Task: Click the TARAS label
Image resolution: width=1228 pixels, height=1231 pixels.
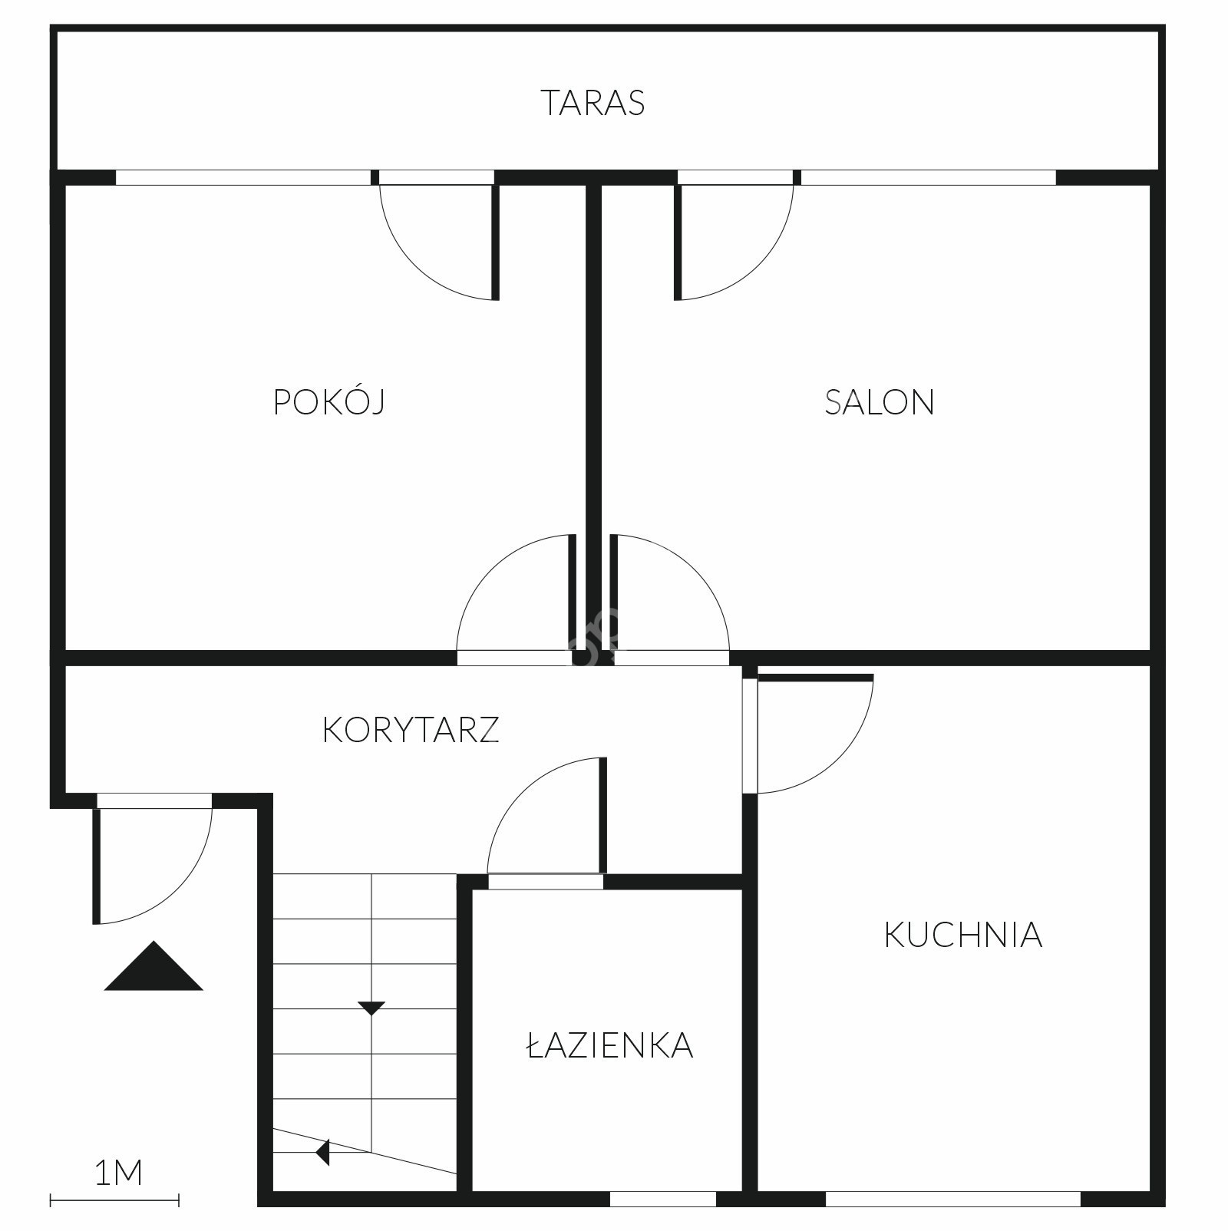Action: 593,103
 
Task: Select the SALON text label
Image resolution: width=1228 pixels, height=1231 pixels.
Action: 880,402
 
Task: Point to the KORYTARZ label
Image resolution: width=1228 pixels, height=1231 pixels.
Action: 411,730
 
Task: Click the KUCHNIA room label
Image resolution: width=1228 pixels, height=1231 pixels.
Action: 963,935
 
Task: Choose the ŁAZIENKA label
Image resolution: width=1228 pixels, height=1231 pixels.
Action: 610,1045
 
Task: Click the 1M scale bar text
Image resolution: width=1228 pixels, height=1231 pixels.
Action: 118,1173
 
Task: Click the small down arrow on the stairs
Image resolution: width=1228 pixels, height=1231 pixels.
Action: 371,1008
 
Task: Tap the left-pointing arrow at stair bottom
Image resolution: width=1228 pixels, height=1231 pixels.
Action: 322,1152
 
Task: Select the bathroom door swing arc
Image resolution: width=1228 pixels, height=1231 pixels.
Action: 522,792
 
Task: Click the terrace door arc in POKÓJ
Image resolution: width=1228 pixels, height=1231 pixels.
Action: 414,266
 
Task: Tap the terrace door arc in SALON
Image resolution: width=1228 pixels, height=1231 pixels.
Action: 758,266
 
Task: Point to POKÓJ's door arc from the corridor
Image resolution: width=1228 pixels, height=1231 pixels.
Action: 491,569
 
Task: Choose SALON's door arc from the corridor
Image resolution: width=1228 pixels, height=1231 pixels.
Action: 695,569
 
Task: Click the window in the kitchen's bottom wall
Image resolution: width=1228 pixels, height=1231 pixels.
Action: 953,1199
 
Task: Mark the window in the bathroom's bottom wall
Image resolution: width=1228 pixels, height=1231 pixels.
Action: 663,1199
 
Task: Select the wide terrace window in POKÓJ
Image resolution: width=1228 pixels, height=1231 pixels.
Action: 243,177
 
